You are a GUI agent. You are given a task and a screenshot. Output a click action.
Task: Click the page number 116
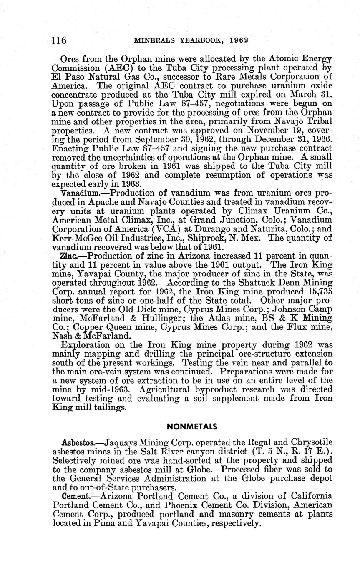pyautogui.click(x=59, y=40)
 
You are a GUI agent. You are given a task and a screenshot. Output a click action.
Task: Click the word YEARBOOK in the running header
pyautogui.click(x=207, y=40)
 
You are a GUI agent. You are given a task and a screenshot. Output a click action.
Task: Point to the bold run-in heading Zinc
pyautogui.click(x=69, y=256)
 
